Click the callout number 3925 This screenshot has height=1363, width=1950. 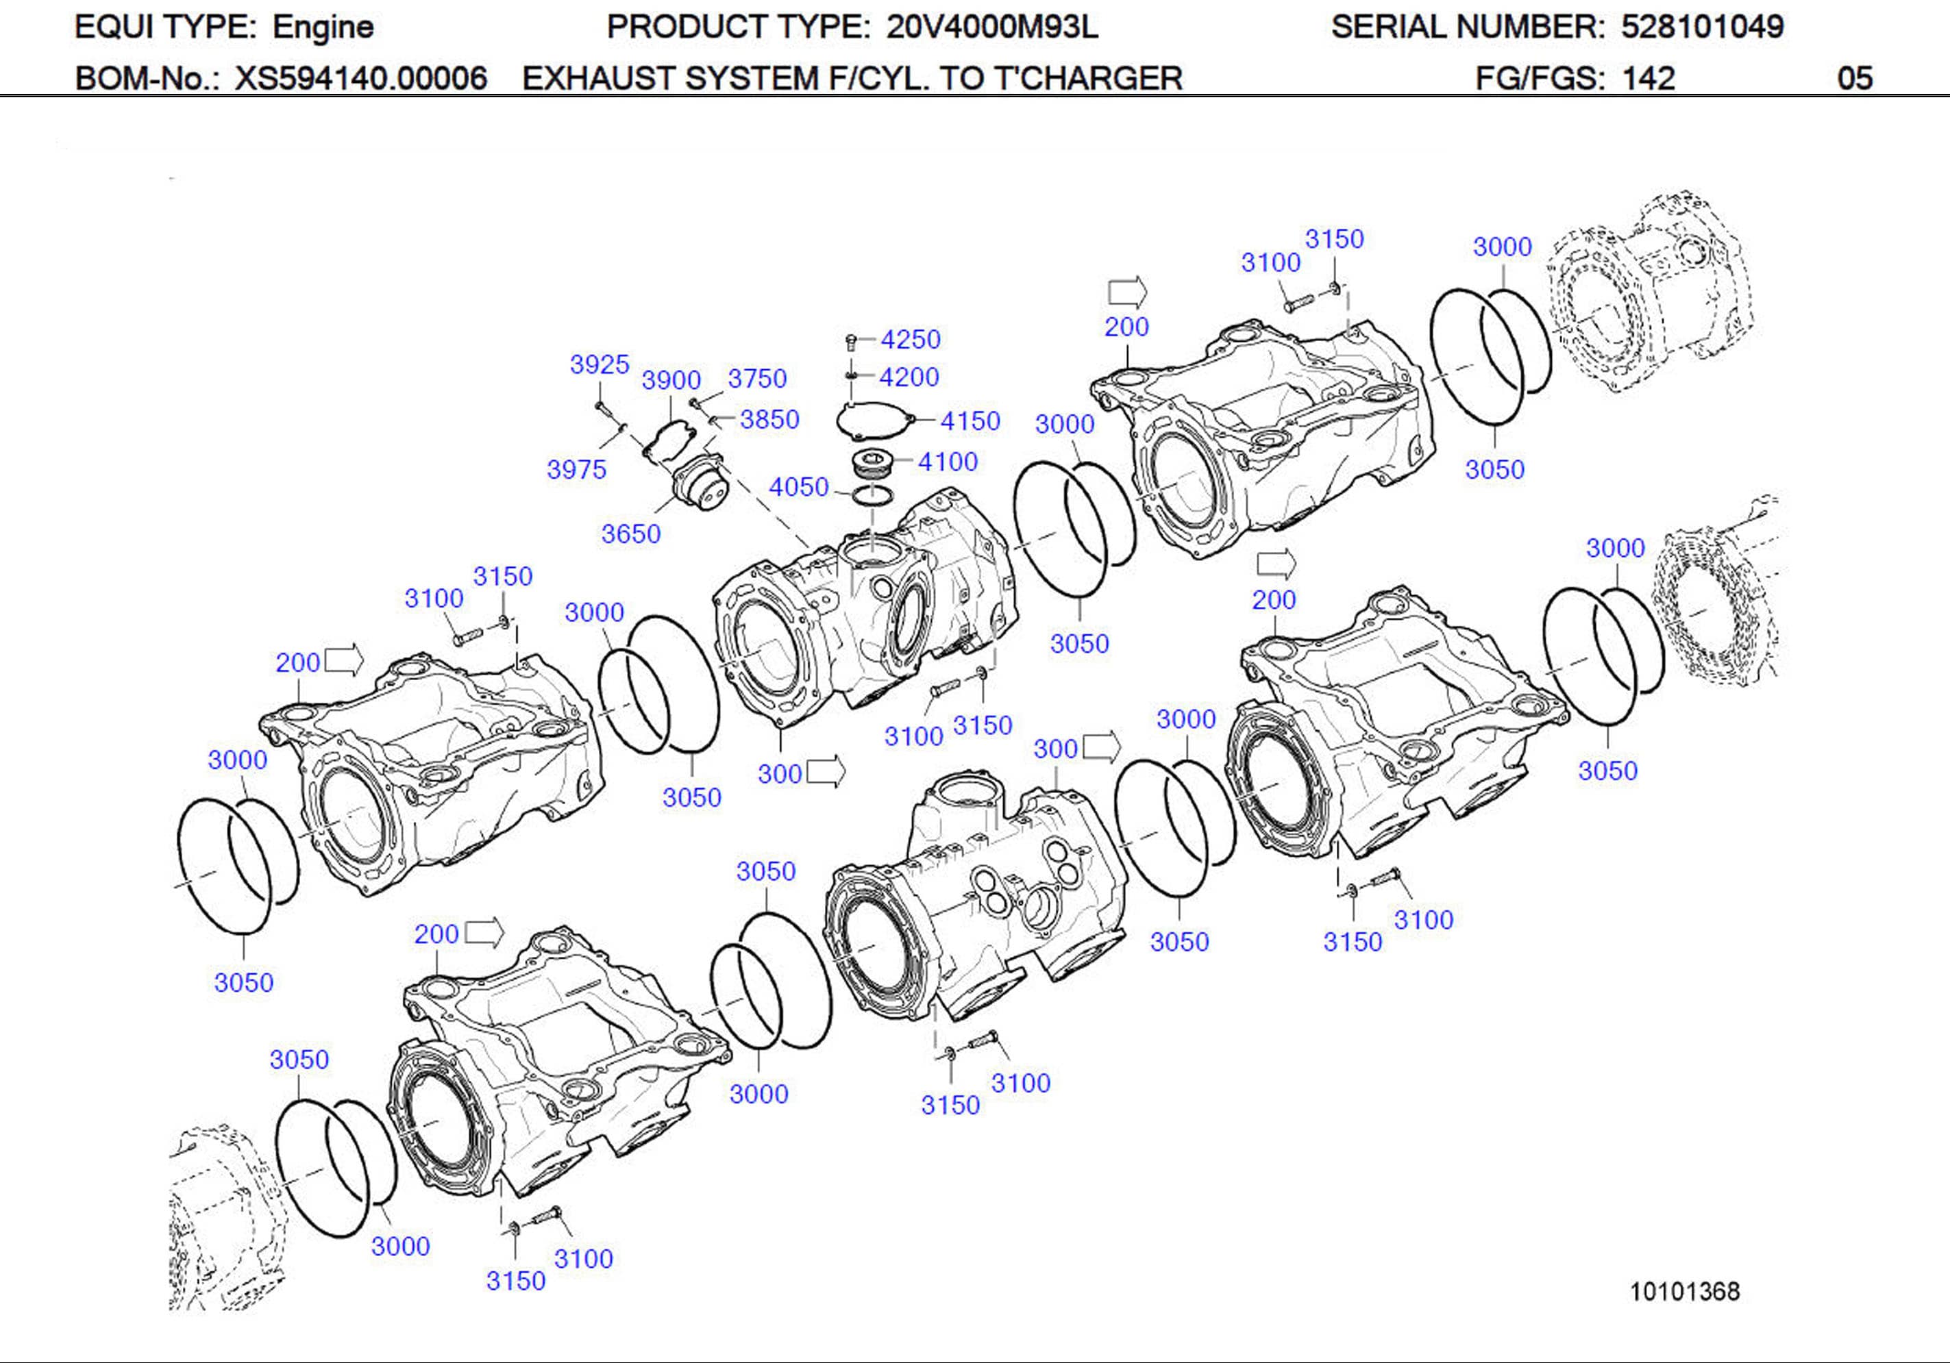point(599,364)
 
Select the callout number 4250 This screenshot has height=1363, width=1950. point(911,340)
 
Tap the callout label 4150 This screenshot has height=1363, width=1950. point(970,421)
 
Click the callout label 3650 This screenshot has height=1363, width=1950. point(630,534)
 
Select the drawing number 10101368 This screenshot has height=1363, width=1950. point(1684,1291)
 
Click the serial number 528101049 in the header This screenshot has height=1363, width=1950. point(1702,27)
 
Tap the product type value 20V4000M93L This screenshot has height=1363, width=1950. point(991,27)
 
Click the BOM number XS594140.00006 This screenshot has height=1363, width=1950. point(361,78)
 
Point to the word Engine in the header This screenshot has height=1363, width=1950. point(323,27)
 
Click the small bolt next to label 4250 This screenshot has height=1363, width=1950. point(850,342)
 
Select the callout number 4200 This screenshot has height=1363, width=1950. point(909,377)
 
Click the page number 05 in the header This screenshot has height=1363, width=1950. point(1854,78)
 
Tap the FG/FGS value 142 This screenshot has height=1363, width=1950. point(1648,78)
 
